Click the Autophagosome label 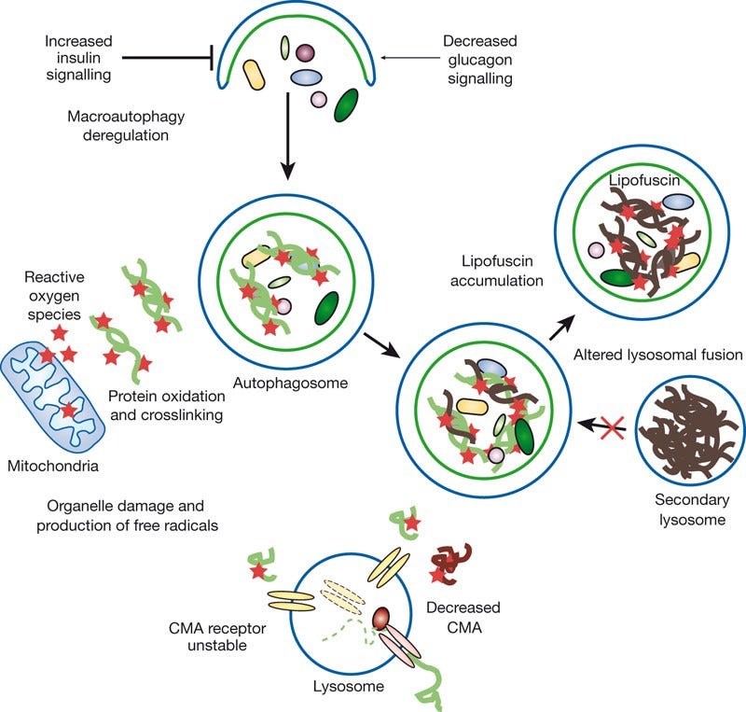click(279, 384)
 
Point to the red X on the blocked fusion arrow click(612, 427)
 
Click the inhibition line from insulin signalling click(167, 57)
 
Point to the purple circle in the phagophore click(305, 54)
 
